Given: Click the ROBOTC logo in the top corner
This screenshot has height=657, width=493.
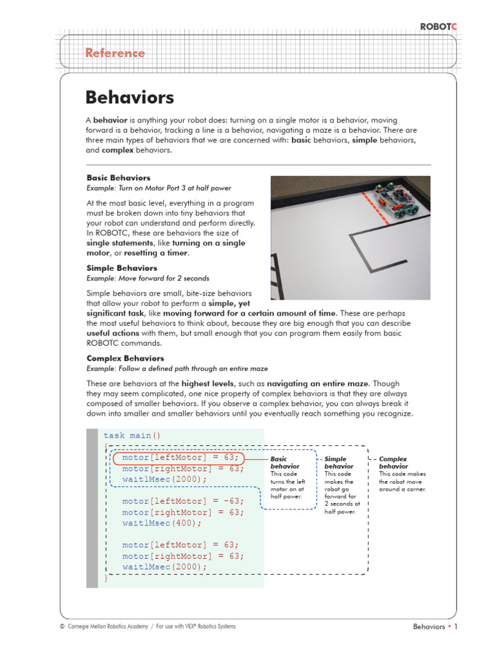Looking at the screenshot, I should (439, 26).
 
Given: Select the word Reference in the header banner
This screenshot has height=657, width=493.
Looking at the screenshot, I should (115, 53).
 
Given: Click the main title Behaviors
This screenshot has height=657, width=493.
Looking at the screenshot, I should (130, 98).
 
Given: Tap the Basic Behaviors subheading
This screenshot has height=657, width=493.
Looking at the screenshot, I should (119, 178).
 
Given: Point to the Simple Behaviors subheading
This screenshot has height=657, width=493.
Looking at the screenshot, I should (121, 268).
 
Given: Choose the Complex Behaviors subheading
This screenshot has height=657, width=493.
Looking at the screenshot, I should (125, 359).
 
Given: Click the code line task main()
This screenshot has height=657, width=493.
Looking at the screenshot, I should (132, 436).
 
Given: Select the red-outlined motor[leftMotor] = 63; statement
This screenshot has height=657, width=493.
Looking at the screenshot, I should (180, 457).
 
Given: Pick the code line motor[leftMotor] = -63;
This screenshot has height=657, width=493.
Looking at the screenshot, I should (183, 501).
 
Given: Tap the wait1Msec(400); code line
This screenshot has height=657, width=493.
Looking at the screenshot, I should (162, 523).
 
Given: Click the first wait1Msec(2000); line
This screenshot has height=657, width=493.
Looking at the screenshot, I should (165, 479).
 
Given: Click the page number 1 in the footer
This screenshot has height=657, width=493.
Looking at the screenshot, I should (455, 627).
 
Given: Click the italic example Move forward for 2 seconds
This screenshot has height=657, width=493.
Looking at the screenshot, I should (148, 278).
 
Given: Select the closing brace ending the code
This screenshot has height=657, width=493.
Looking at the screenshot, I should (106, 578).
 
